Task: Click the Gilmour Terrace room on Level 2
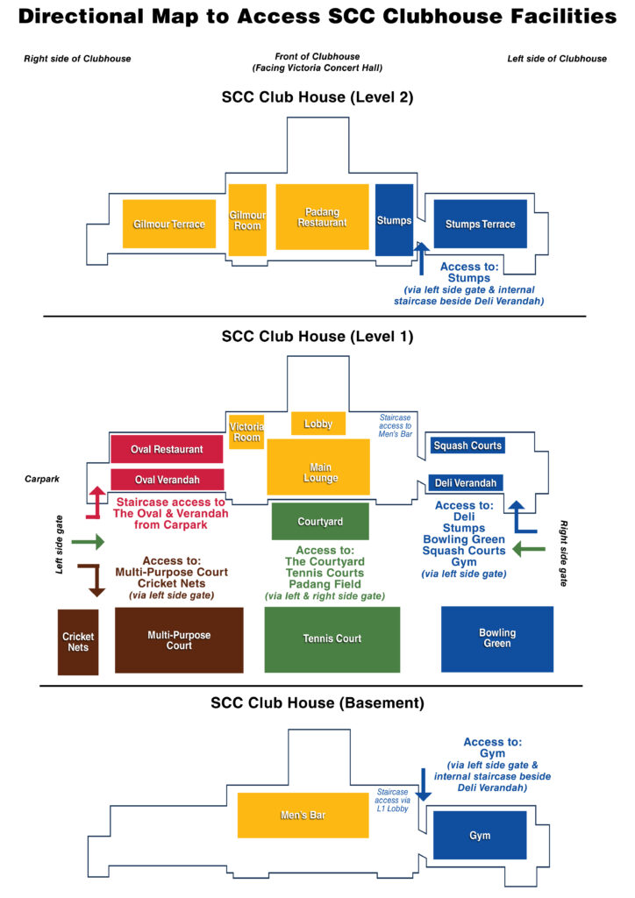tap(169, 224)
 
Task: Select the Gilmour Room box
tap(246, 220)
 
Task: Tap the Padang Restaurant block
tap(322, 217)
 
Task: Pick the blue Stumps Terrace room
tap(480, 224)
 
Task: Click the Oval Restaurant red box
tap(167, 449)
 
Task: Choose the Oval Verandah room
tap(167, 480)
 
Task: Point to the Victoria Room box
tap(246, 431)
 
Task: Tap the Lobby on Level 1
tap(318, 424)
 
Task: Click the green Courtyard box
tap(320, 521)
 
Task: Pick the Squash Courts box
tap(467, 445)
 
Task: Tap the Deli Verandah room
tap(465, 482)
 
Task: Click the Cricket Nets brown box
tap(78, 642)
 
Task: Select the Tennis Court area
tap(332, 638)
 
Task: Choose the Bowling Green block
tap(497, 638)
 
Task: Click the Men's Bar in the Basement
tap(303, 815)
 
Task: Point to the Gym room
tap(480, 835)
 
